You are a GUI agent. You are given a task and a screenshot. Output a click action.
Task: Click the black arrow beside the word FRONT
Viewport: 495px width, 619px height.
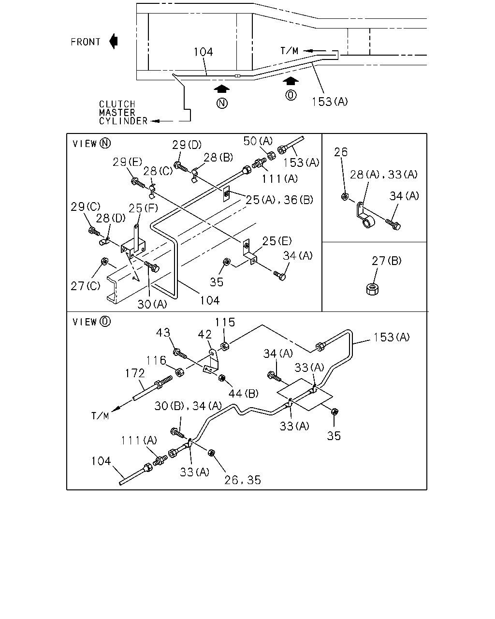tap(114, 41)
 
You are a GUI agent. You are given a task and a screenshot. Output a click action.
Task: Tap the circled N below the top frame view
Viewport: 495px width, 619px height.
tap(222, 103)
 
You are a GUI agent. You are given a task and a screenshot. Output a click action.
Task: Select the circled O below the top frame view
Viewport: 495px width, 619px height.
tap(291, 95)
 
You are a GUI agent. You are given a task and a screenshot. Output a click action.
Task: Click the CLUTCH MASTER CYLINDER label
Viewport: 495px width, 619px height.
tap(123, 113)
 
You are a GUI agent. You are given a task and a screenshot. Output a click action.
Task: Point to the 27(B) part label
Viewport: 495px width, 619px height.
tap(386, 261)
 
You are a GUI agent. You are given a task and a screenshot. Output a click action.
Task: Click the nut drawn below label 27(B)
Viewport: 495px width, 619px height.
tap(373, 289)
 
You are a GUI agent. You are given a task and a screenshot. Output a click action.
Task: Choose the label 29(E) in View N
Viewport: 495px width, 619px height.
tap(127, 162)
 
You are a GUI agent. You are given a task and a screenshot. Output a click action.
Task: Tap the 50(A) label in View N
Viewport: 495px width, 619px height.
tap(258, 141)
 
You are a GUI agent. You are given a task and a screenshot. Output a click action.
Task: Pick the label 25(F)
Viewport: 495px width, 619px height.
tap(143, 208)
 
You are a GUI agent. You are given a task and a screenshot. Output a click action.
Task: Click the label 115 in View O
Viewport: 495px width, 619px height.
tap(225, 322)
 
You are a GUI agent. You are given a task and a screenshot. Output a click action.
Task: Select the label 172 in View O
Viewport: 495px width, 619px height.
tap(134, 373)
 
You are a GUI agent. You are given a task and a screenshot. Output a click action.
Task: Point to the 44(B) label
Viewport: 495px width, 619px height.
tap(243, 393)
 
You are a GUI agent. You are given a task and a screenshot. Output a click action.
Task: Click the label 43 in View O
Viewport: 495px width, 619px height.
tap(163, 333)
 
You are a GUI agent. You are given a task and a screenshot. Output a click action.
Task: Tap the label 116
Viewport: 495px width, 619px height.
tap(156, 360)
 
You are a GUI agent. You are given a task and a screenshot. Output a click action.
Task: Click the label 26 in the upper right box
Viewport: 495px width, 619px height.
tap(341, 152)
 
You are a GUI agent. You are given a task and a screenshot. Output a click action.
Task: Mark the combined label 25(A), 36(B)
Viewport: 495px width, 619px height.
tap(279, 200)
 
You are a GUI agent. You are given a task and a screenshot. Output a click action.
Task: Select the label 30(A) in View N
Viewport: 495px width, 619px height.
tap(152, 304)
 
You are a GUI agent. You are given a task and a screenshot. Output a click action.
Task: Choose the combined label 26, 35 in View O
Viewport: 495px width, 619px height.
tap(243, 480)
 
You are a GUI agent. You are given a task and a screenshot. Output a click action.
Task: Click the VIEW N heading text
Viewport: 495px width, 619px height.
tap(91, 144)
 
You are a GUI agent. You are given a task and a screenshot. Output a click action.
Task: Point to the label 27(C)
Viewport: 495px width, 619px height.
tap(86, 286)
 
